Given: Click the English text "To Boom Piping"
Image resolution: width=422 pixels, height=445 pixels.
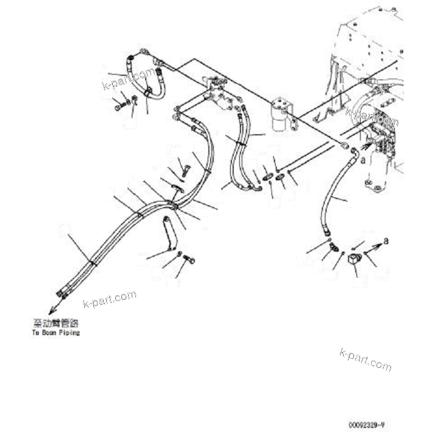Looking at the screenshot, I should (55, 333).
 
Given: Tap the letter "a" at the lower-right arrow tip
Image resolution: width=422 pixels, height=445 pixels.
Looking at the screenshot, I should (386, 241).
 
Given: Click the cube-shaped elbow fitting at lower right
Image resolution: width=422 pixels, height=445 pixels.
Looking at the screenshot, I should (354, 262).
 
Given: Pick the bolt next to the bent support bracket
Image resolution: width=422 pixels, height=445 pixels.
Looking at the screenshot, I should (188, 260).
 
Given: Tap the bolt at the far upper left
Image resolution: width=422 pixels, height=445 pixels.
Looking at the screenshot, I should (118, 107).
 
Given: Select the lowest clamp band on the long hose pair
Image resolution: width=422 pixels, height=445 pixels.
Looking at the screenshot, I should (92, 263).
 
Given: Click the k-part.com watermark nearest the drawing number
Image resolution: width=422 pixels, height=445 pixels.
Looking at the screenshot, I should (366, 359).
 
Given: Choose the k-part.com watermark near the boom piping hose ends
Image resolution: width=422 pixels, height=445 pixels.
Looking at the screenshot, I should (109, 299).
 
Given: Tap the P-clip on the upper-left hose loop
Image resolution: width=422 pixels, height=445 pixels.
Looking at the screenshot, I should (148, 92).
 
